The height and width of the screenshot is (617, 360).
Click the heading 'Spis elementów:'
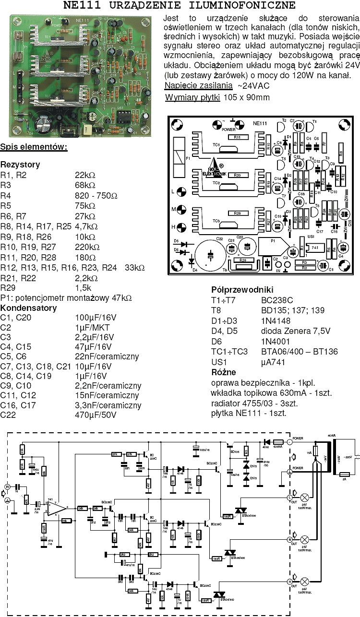tap(34, 146)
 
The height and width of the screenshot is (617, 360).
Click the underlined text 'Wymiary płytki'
tap(192, 97)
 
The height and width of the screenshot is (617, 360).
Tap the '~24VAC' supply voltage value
tap(252, 86)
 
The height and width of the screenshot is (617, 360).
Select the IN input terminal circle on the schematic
tap(7, 486)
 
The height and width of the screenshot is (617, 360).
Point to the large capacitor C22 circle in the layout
tap(210, 253)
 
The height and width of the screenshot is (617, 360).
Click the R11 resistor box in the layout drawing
tap(237, 137)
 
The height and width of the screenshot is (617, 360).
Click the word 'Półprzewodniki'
tap(242, 290)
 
